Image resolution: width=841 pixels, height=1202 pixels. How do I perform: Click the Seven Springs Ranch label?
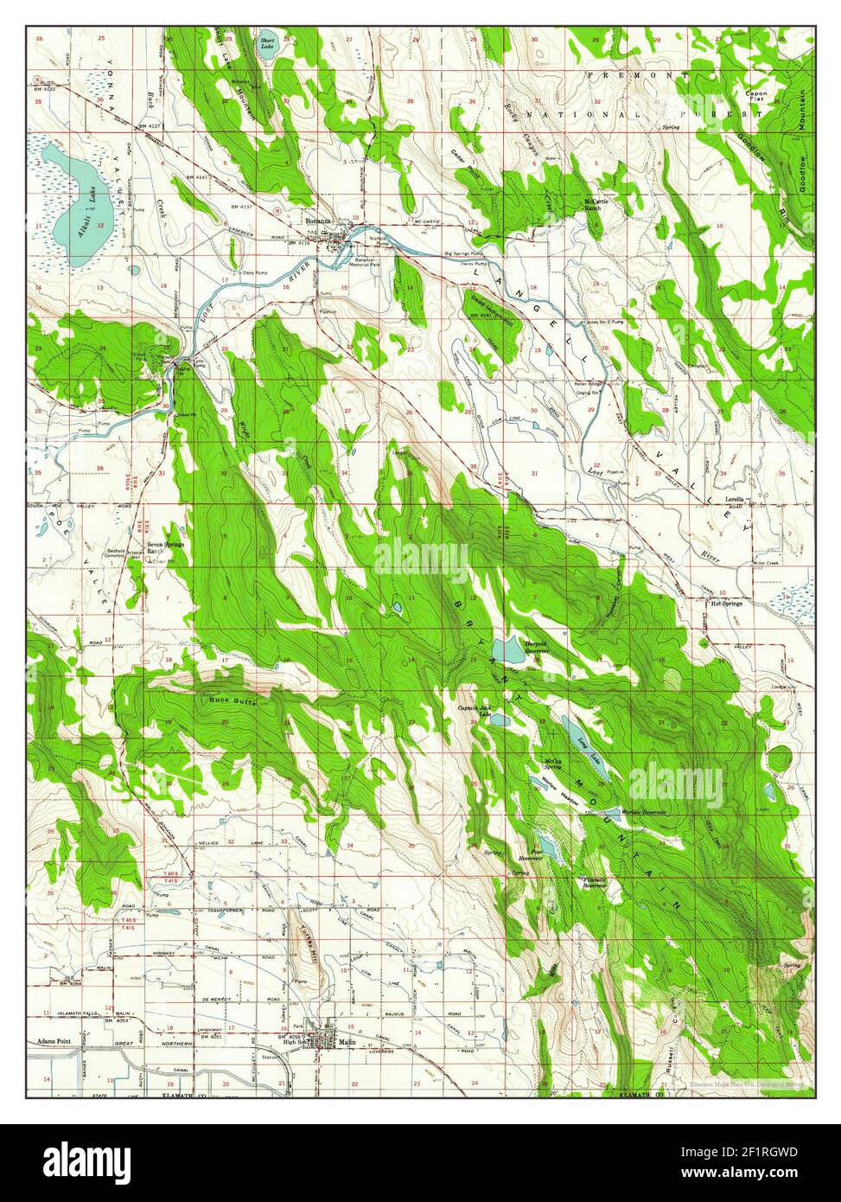pos(165,548)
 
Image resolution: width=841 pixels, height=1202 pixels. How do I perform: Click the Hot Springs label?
pos(727,604)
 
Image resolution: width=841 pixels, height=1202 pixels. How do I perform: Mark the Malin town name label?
pos(347,1043)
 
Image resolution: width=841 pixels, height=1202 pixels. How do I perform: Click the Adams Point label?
pos(54,1041)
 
